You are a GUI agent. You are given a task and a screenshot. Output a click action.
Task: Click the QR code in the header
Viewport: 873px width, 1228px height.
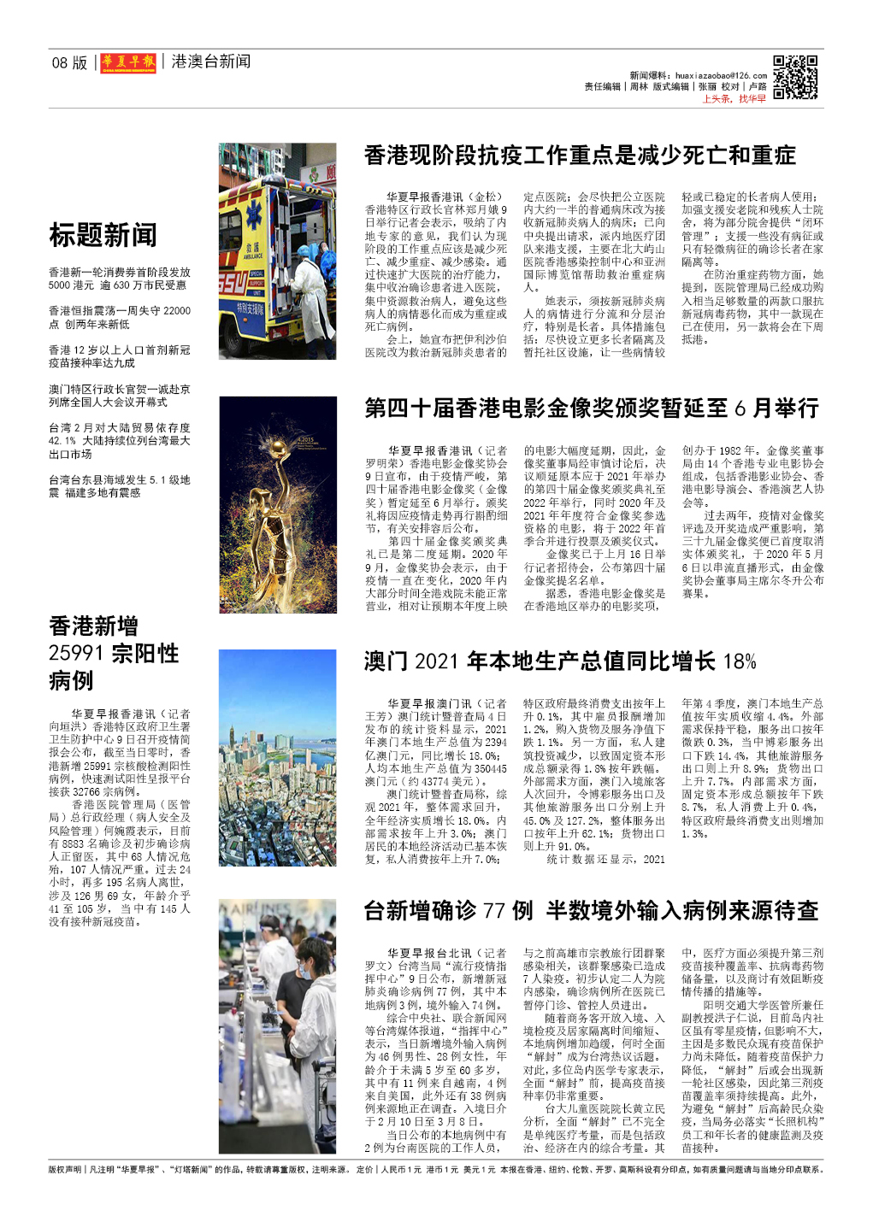click(795, 78)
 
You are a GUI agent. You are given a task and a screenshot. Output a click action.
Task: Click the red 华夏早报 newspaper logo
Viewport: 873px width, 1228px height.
click(128, 62)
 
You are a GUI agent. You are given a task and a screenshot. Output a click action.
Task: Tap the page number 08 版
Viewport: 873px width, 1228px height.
click(69, 62)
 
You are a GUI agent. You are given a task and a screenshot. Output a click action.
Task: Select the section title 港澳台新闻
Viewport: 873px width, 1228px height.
click(211, 62)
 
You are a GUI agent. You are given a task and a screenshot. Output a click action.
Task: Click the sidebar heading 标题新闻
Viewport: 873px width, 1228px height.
click(103, 235)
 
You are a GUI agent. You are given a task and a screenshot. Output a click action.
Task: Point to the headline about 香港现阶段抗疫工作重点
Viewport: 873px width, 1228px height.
click(580, 156)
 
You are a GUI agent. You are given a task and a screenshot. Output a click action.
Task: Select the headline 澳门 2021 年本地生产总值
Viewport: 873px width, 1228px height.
click(560, 661)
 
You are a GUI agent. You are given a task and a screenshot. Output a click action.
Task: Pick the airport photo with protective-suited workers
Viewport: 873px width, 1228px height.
click(277, 1026)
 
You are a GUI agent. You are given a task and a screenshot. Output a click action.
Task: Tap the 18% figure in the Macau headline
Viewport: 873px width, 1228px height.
click(740, 661)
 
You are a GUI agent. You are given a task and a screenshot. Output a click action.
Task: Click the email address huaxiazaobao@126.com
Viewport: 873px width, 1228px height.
click(721, 75)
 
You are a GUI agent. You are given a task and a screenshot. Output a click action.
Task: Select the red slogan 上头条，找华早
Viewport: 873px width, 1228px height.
click(734, 99)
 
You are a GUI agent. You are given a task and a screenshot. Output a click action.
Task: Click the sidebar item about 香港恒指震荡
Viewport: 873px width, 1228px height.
click(119, 318)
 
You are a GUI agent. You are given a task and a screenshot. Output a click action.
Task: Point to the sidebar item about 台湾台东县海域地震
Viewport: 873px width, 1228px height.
click(119, 486)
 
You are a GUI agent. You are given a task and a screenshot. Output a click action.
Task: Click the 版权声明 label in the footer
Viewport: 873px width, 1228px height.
click(65, 1170)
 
